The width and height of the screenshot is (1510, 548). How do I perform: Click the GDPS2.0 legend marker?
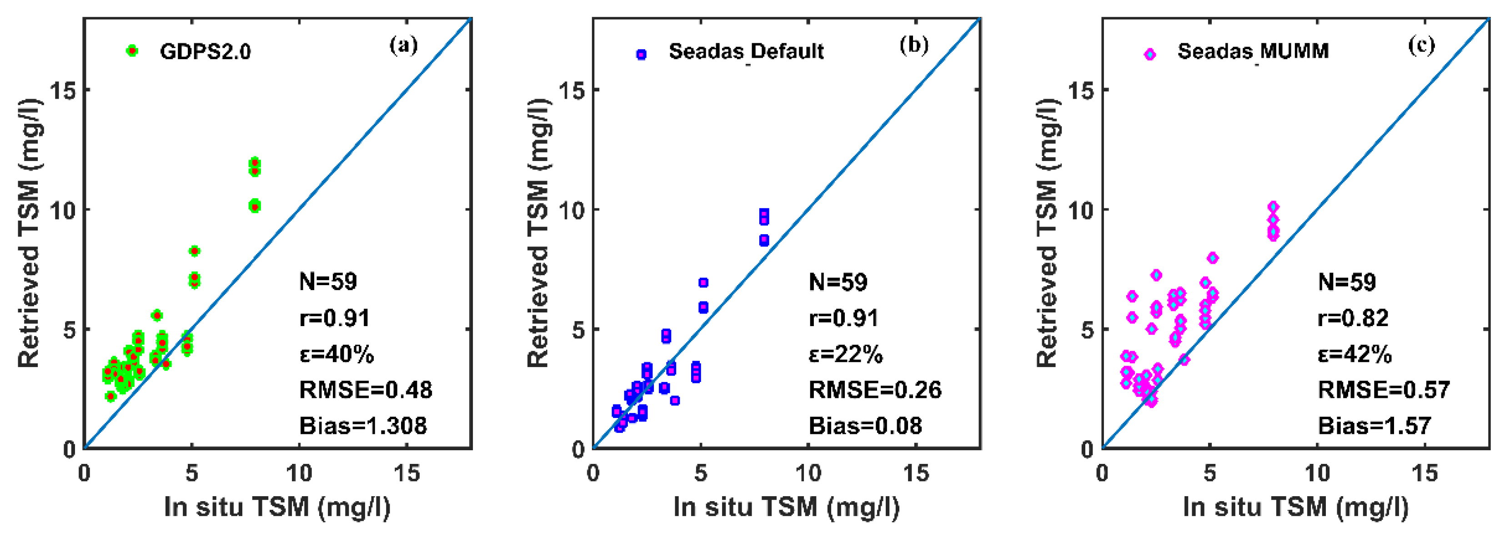(x=132, y=51)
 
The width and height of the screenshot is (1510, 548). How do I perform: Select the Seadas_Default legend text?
(x=746, y=51)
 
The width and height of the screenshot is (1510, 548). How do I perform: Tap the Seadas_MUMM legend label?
(x=1253, y=51)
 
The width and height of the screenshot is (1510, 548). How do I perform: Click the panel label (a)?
(x=404, y=45)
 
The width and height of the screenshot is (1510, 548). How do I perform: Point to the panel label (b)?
(x=914, y=45)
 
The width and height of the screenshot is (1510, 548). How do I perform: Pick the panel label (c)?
(x=1422, y=45)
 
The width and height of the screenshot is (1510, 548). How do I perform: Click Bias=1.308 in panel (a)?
(x=363, y=426)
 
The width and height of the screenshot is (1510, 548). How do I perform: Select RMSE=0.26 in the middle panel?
(x=874, y=390)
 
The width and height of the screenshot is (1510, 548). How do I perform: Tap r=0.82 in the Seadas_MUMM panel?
(x=1353, y=318)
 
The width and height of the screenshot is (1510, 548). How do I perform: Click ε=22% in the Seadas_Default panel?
(x=845, y=354)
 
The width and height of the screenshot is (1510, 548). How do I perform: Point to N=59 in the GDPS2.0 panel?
(x=328, y=282)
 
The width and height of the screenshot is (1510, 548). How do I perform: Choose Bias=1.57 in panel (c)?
(x=1375, y=426)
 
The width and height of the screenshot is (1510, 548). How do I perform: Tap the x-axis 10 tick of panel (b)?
(x=808, y=473)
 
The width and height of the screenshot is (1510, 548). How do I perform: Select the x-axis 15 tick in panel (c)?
(x=1425, y=473)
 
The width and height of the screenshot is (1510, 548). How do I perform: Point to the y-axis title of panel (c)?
(x=1048, y=233)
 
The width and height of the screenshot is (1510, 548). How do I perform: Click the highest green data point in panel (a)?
(x=255, y=162)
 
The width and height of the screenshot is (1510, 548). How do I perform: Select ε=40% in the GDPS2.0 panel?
(x=336, y=354)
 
